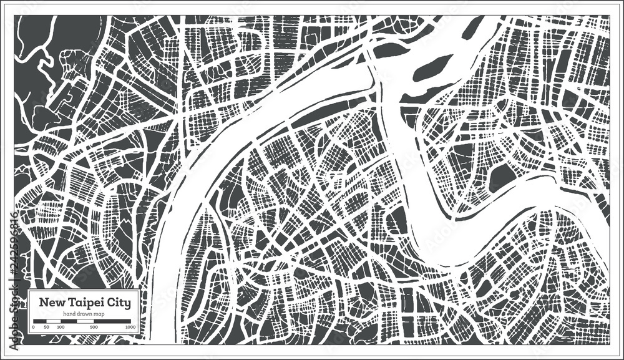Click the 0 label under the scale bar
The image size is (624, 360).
(x=32, y=327)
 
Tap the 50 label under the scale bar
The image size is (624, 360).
(x=46, y=327)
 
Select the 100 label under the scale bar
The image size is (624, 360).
(x=61, y=327)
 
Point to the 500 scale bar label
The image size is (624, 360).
(x=94, y=327)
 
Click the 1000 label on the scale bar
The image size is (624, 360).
(x=130, y=327)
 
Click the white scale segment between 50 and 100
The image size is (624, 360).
(x=54, y=321)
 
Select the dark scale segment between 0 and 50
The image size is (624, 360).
(x=39, y=321)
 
